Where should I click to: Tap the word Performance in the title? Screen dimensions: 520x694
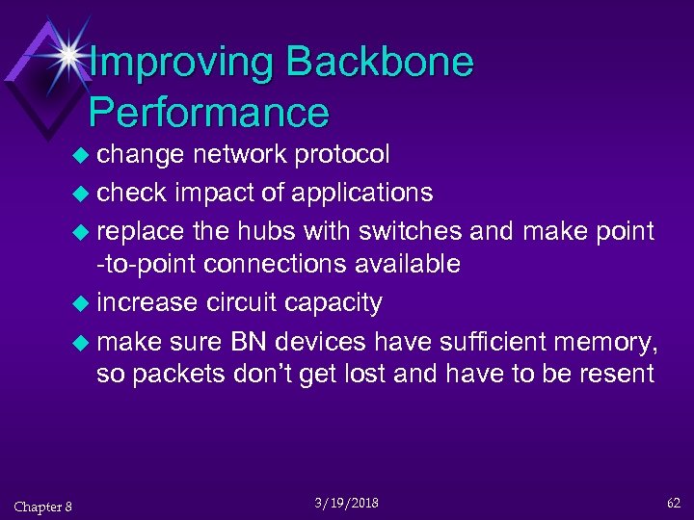click(209, 113)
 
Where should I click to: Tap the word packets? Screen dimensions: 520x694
click(179, 374)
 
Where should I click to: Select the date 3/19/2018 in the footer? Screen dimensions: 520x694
click(346, 504)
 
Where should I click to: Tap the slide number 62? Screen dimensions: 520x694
click(672, 503)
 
